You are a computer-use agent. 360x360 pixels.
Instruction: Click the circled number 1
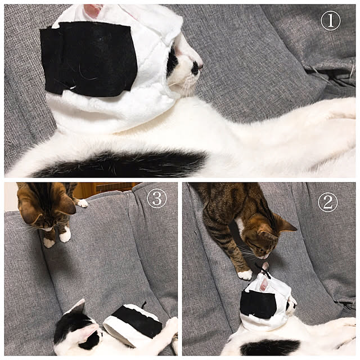[x=331, y=21]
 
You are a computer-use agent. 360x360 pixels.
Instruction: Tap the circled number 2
[x=327, y=202]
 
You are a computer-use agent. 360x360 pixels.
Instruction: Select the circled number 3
[x=157, y=198]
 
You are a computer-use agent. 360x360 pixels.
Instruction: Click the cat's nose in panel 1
[x=201, y=66]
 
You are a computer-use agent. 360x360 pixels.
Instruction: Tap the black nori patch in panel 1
[x=88, y=58]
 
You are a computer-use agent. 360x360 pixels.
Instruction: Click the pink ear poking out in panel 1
[x=93, y=10]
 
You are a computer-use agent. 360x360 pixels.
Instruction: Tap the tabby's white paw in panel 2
[x=245, y=275]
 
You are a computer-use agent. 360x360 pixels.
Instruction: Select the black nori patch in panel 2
[x=258, y=304]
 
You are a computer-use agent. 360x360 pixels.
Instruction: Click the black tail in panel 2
[x=270, y=348]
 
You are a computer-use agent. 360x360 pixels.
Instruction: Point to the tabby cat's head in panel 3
[x=46, y=206]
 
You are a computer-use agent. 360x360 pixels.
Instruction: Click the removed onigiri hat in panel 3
[x=133, y=324]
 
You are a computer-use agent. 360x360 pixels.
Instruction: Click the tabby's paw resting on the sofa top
[x=82, y=203]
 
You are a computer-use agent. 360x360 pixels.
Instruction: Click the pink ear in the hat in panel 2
[x=264, y=284]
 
